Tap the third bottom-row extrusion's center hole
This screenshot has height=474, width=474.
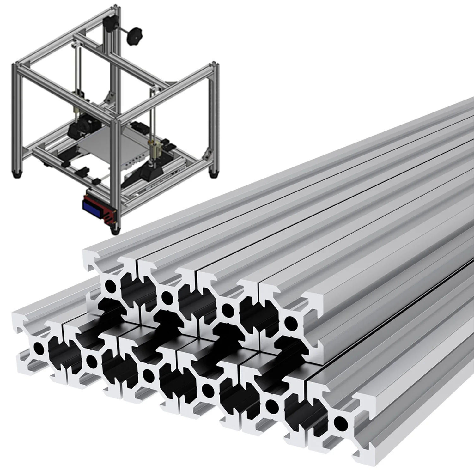coord(148,374)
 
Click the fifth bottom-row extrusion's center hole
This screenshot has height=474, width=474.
coord(271,405)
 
